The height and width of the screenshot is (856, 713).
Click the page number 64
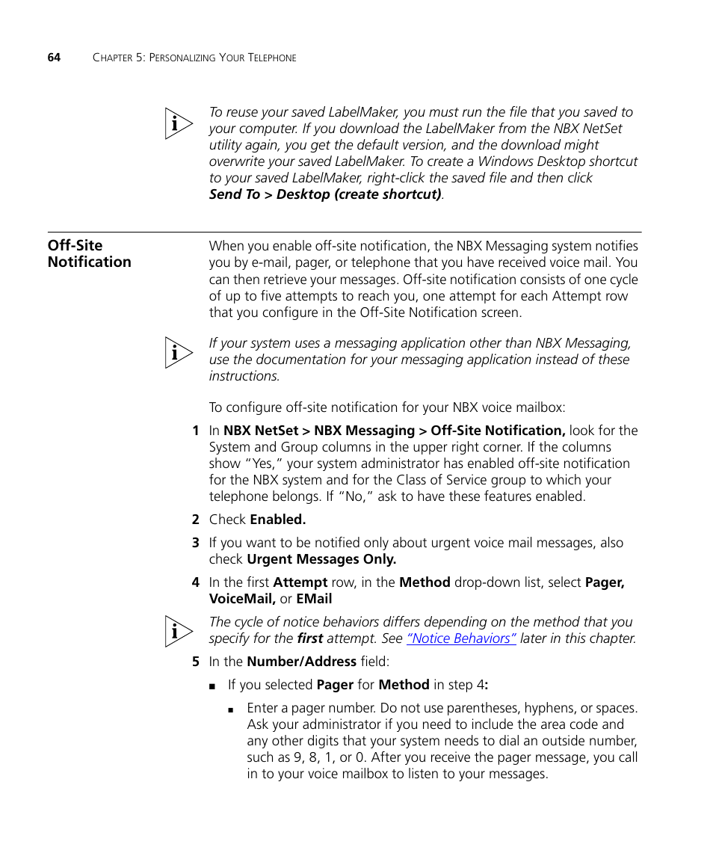(54, 58)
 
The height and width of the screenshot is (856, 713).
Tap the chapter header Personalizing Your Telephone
(194, 58)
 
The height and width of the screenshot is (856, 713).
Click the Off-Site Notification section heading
(89, 253)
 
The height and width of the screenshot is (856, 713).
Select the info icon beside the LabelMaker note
(179, 124)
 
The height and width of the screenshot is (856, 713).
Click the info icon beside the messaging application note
(179, 353)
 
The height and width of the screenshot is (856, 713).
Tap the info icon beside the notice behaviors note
(179, 632)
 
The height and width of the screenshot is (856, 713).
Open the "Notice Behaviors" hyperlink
(461, 638)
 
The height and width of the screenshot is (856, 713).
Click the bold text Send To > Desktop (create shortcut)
(324, 194)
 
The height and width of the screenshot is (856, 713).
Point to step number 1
(195, 431)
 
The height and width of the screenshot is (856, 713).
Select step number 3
(195, 543)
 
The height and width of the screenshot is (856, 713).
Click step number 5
(195, 662)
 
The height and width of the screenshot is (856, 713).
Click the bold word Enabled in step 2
(277, 520)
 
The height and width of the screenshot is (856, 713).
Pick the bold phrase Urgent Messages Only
(321, 559)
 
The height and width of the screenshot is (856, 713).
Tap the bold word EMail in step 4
(314, 599)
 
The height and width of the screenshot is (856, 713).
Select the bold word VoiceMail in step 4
(242, 599)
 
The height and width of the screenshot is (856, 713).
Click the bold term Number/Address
(301, 662)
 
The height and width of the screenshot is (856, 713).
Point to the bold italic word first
(309, 638)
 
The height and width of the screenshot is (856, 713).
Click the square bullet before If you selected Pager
(213, 686)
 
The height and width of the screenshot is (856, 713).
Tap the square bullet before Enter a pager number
(232, 709)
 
